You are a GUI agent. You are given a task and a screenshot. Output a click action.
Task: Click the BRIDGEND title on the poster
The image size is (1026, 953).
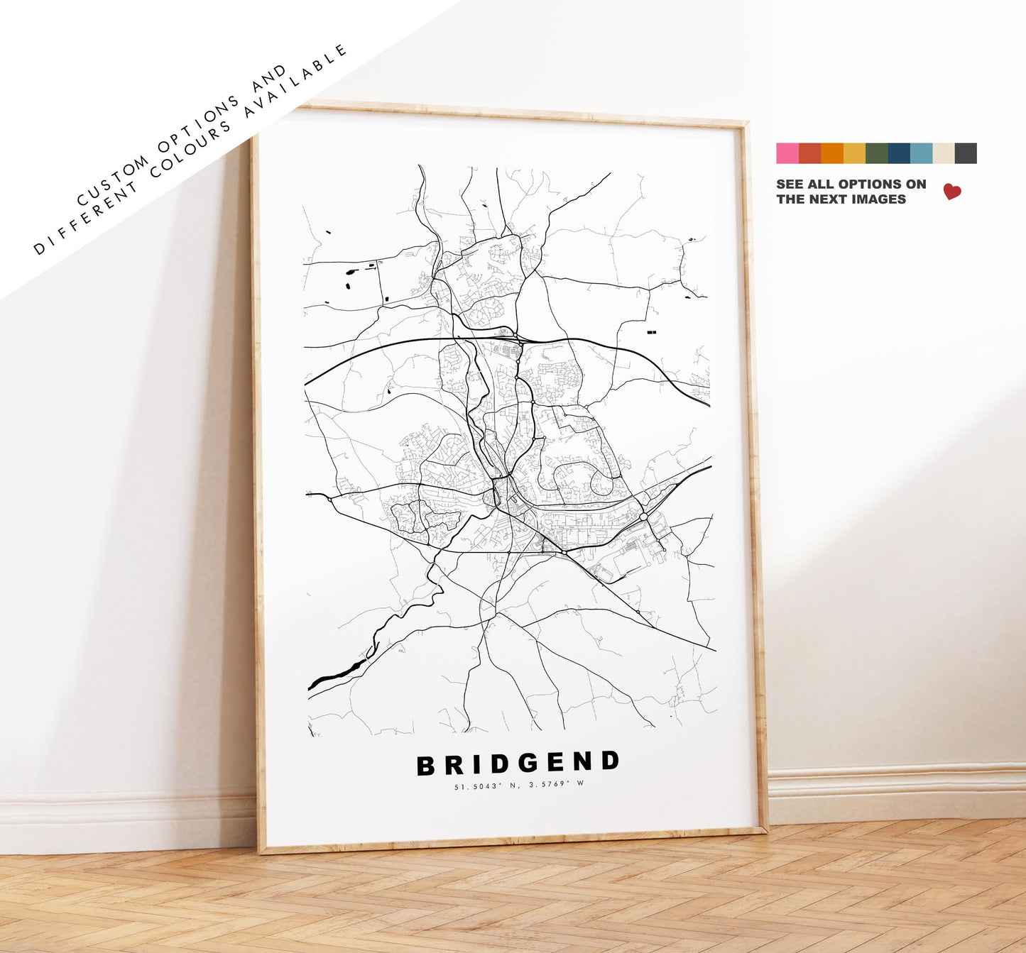pos(518,764)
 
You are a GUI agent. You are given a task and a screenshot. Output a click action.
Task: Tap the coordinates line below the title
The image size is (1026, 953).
pos(518,784)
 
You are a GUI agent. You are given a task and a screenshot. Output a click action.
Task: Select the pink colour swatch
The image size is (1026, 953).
pos(787,153)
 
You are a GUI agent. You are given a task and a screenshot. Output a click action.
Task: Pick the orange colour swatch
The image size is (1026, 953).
pos(832,153)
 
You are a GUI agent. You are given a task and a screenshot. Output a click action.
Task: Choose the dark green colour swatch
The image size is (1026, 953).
pos(877,153)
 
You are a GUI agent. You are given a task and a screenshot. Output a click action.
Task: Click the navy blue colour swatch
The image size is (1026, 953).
pos(899,153)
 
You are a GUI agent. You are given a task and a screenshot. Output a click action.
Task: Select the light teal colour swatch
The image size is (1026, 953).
pos(921,153)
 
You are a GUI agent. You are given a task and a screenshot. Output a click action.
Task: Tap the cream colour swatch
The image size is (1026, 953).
pos(944,153)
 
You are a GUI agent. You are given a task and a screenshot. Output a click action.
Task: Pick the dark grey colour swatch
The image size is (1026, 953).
pos(966,153)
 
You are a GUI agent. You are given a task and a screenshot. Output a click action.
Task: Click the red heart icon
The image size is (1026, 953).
pos(951,192)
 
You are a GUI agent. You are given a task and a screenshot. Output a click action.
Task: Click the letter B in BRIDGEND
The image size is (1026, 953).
pos(425,766)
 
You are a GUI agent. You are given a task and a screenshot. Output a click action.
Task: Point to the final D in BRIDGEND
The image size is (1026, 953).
pos(609,761)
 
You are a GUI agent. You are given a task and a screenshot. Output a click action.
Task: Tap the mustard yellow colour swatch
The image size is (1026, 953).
pos(854,153)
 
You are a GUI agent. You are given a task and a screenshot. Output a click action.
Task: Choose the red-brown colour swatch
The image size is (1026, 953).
pos(809,153)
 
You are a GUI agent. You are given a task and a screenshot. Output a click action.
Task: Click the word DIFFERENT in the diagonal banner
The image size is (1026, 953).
pos(84,221)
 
